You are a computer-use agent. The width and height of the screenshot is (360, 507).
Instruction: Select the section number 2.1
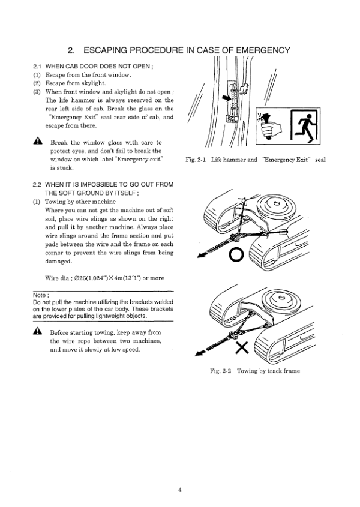coord(37,65)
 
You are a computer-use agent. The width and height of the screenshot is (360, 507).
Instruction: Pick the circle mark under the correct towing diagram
coord(236,254)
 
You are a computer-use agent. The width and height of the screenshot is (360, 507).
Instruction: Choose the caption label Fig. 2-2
coord(221,371)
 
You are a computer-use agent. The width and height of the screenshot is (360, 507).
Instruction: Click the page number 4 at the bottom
coord(179,489)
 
